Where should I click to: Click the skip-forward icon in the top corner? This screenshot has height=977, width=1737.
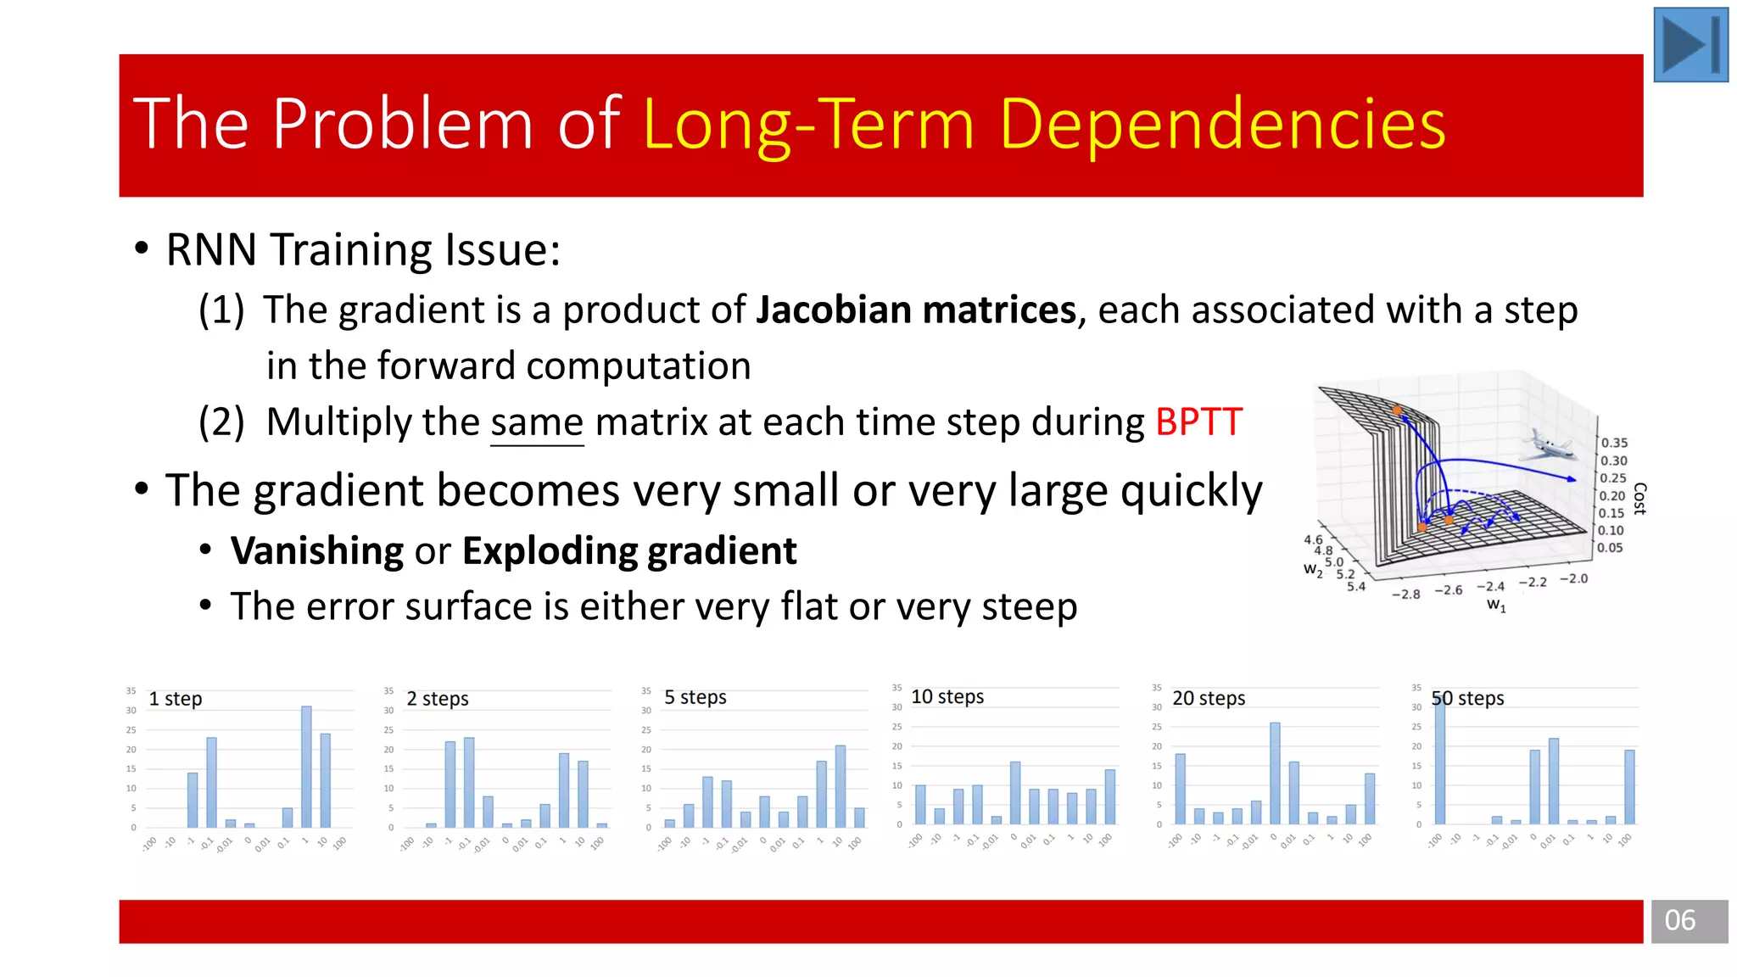[x=1690, y=45]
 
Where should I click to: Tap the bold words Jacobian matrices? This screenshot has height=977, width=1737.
[x=915, y=310]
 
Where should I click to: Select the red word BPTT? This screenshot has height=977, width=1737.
[x=1198, y=422]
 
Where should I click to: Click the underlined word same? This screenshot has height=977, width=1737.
[x=537, y=422]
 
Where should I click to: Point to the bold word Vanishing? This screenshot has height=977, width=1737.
[x=317, y=551]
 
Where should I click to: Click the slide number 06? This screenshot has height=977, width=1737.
[x=1679, y=920]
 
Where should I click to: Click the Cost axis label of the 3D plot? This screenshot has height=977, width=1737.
[x=1639, y=498]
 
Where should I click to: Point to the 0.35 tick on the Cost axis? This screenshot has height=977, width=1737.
[x=1614, y=443]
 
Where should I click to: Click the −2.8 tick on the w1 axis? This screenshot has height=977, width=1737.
[x=1405, y=595]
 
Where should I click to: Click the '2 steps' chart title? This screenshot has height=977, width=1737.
[x=438, y=699]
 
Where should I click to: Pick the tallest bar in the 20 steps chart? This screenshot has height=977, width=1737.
[x=1275, y=773]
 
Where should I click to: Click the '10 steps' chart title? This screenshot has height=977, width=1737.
[x=947, y=697]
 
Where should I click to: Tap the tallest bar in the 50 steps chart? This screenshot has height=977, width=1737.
[x=1439, y=759]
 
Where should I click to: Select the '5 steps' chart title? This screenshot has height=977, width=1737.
[x=695, y=697]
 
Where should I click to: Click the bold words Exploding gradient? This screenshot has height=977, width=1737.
[x=629, y=551]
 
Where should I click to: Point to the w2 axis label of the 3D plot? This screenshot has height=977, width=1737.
[x=1312, y=570]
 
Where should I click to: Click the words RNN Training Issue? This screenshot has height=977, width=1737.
[x=363, y=250]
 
